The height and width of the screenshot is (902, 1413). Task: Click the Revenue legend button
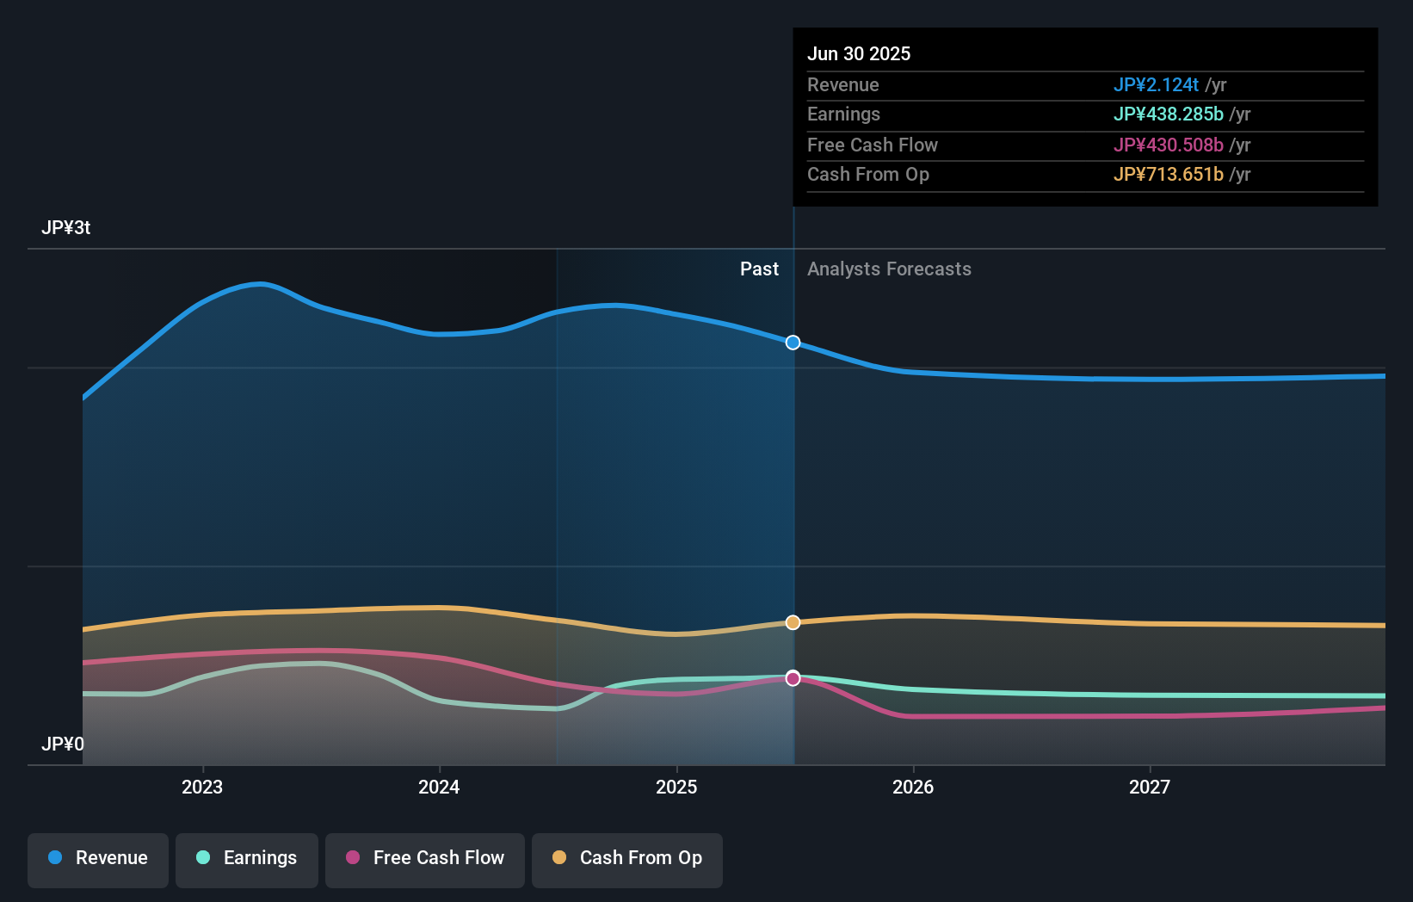(x=98, y=858)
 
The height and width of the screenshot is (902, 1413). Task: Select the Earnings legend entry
(x=247, y=858)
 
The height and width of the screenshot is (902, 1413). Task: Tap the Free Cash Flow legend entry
(x=425, y=858)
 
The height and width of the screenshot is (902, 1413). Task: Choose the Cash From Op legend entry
(x=627, y=858)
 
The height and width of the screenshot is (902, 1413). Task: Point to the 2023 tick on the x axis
(x=202, y=787)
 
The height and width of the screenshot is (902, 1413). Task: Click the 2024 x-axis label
(x=439, y=787)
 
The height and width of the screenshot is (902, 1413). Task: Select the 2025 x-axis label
(x=676, y=787)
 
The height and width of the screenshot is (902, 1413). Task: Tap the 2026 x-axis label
(x=913, y=787)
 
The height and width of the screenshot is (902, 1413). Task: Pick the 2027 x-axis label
(x=1150, y=787)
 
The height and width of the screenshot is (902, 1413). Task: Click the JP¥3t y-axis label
(x=66, y=228)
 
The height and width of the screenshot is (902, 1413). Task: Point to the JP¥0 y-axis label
(x=63, y=744)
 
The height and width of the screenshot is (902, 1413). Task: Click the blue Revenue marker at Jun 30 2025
(x=793, y=343)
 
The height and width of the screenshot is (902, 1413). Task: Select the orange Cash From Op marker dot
(x=793, y=622)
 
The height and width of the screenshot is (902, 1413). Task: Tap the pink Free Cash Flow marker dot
(x=793, y=678)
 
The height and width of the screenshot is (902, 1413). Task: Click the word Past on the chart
(x=759, y=269)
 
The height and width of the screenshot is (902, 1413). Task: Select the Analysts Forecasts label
(x=889, y=269)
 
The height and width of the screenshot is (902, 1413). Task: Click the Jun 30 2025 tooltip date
(x=858, y=53)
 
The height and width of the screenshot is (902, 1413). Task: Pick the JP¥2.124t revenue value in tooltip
(x=1156, y=84)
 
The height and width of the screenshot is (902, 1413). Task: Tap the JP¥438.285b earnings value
(x=1168, y=114)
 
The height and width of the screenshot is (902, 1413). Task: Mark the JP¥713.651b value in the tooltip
(x=1168, y=175)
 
